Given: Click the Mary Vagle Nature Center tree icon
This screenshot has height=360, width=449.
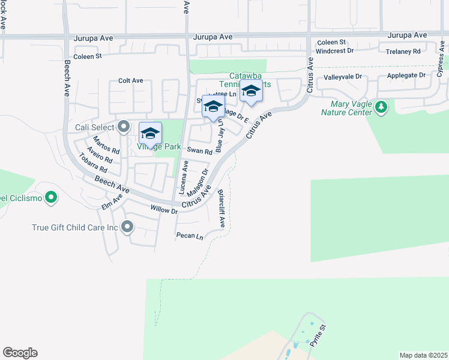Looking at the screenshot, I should (381, 107).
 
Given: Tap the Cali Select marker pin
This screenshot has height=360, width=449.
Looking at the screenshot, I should (124, 127).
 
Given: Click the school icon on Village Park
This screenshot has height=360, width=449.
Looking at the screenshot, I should (150, 133).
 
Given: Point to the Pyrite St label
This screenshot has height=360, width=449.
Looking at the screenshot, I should (316, 337).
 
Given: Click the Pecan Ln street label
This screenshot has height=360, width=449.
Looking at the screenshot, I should (190, 236).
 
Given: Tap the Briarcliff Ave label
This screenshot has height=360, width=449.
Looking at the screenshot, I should (221, 208).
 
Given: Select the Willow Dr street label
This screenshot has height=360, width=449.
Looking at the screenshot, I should (164, 210).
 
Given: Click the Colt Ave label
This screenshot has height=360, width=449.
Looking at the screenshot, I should (130, 80).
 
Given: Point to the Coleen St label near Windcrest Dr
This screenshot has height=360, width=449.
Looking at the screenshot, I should (331, 42).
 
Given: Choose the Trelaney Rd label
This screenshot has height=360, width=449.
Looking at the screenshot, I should (403, 52).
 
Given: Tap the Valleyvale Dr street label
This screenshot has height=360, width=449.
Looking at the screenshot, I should (343, 77).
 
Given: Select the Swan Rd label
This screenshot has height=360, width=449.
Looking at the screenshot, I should (199, 152).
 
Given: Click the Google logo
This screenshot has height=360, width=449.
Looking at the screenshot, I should (20, 353).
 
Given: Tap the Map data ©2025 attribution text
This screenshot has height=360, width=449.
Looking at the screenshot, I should (424, 355).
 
